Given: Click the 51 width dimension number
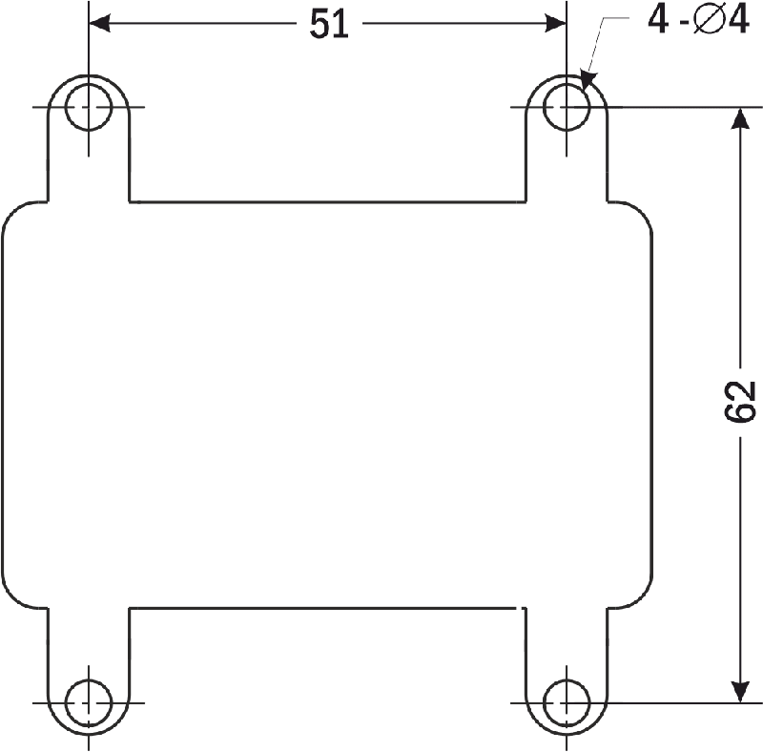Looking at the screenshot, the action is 329,24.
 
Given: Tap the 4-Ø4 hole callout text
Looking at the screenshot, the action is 698,20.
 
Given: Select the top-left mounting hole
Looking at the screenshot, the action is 89,107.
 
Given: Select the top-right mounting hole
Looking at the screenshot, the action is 567,107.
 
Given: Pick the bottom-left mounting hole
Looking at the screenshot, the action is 89,702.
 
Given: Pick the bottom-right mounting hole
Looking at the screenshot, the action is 567,702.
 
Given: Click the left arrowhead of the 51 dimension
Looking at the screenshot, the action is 100,23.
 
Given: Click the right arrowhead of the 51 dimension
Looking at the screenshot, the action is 555,23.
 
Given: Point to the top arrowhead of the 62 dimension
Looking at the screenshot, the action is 740,118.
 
